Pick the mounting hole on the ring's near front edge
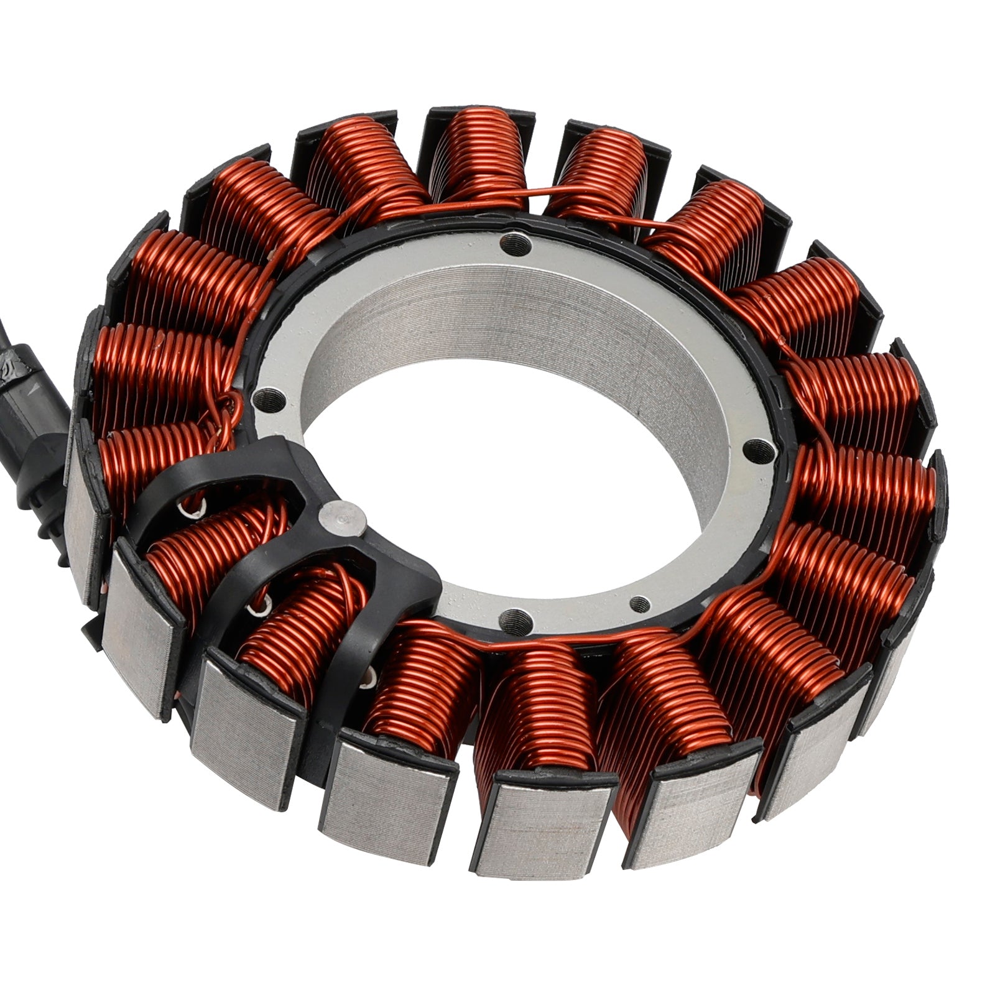(x=511, y=617)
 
